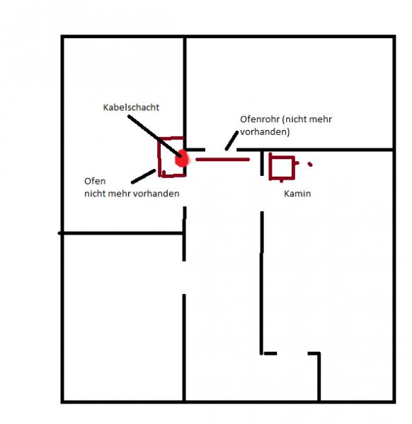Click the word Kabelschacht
pos(131,107)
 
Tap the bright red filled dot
pos(181,158)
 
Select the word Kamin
pos(297,194)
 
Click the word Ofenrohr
pos(260,119)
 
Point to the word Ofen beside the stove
pos(95,181)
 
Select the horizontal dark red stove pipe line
pos(222,160)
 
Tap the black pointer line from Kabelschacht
pos(154,136)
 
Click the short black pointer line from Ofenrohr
pos(232,141)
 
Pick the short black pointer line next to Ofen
pos(143,177)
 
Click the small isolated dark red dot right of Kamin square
pos(310,164)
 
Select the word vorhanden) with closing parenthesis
pos(265,131)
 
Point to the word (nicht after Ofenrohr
pos(294,119)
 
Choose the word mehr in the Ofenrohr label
pos(320,119)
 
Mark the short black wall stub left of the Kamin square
pos(262,163)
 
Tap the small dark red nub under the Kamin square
pos(281,180)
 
